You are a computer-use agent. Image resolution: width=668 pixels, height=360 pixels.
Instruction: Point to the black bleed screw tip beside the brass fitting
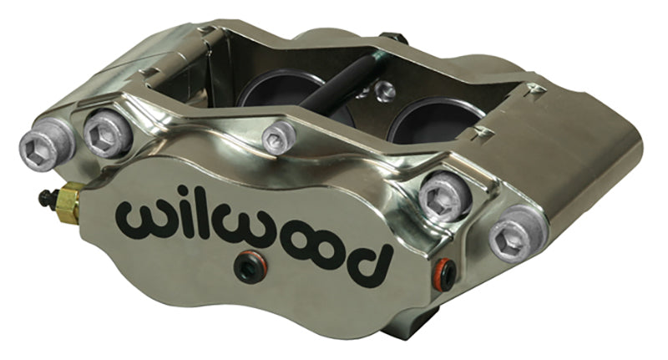click(x=43, y=197)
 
